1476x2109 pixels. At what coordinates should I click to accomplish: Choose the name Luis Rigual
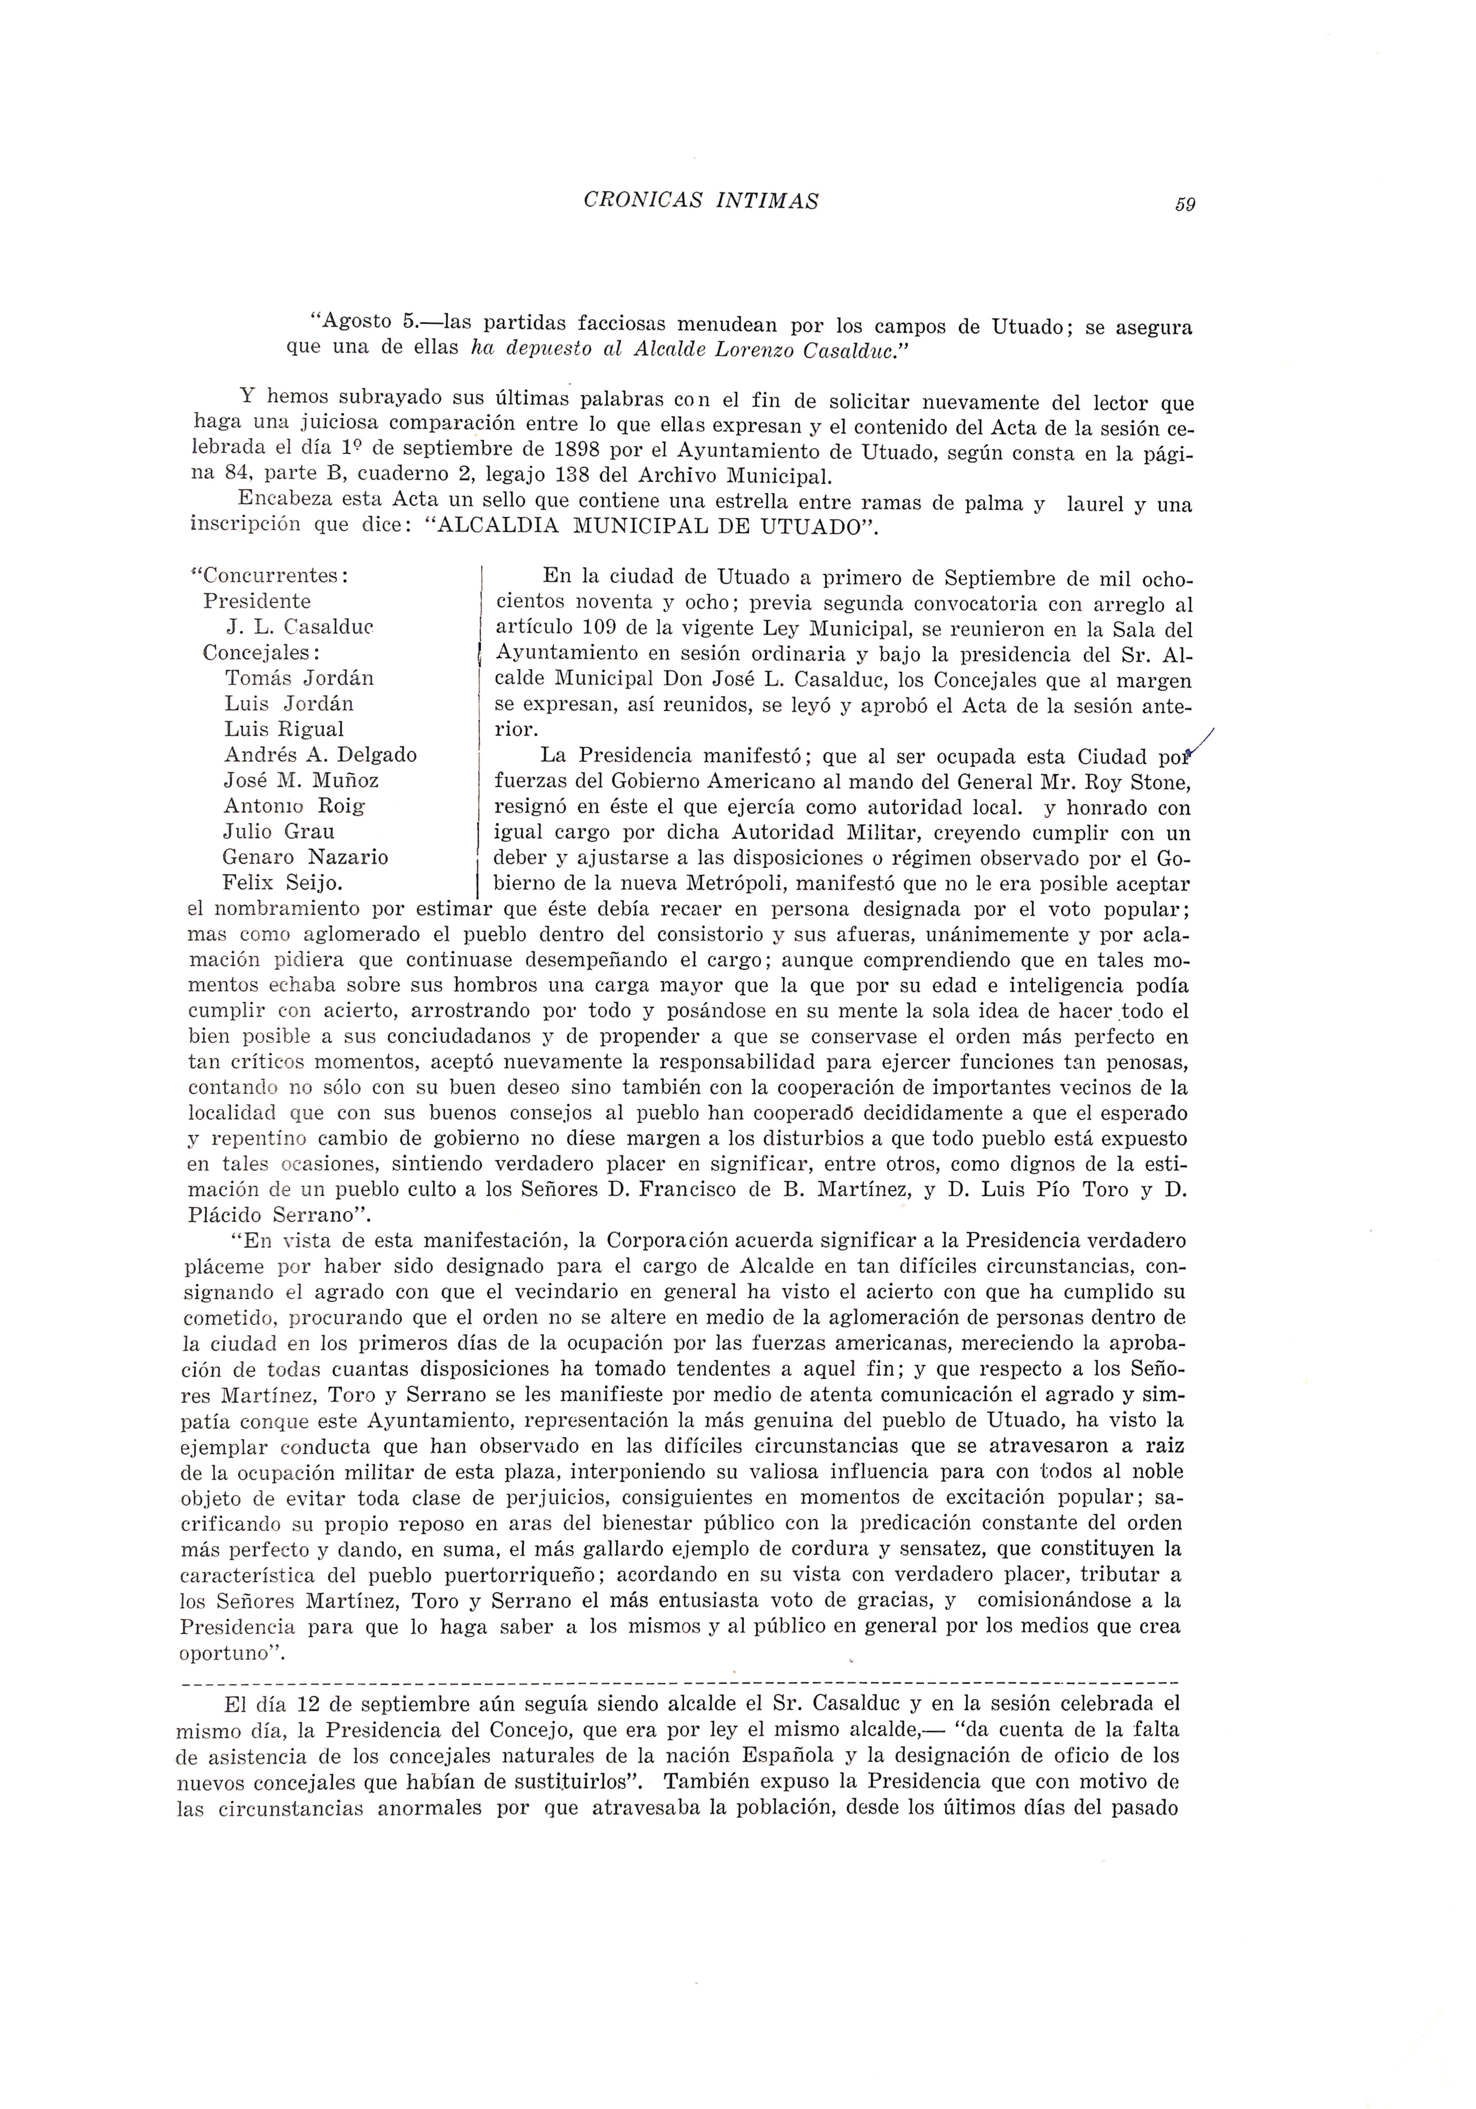284,729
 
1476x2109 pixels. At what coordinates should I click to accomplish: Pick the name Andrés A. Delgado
320,755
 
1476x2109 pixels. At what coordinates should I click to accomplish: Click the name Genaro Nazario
305,857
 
